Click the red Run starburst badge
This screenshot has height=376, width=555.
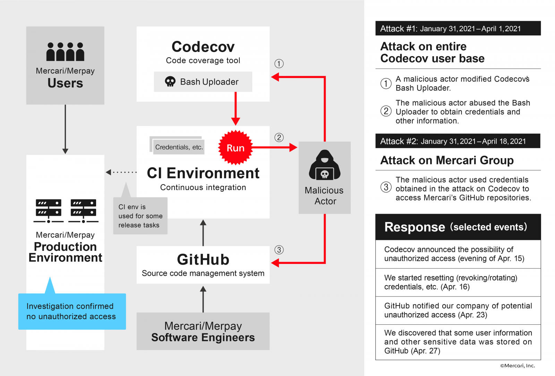(x=236, y=148)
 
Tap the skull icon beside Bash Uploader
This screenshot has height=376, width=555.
(x=170, y=82)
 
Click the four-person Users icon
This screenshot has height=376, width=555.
(x=65, y=52)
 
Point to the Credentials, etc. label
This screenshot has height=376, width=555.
(x=179, y=147)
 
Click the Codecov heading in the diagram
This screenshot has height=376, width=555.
(x=203, y=47)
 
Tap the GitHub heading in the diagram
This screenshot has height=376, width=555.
(x=203, y=260)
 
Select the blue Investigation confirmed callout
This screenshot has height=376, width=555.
(x=72, y=311)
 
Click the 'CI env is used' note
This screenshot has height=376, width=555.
(x=140, y=216)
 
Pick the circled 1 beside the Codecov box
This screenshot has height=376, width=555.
(x=279, y=63)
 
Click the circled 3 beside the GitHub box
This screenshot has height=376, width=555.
(x=279, y=250)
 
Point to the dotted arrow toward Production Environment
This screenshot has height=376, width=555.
(x=121, y=172)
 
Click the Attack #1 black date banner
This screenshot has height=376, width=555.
(x=458, y=28)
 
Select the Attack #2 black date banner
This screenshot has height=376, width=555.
(x=458, y=141)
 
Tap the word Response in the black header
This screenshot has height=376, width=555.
(x=415, y=227)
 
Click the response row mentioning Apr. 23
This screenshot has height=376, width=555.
(x=458, y=310)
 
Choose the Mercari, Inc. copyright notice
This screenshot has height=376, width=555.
(x=517, y=366)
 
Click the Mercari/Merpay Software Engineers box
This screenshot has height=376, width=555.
(x=203, y=331)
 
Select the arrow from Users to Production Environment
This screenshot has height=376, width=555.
(x=65, y=128)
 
